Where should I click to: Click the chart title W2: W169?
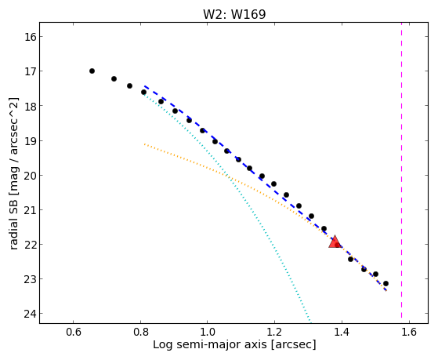point(234,14)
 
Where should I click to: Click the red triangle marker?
point(335,242)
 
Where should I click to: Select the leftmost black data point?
point(92,71)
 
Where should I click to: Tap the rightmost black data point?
point(386,284)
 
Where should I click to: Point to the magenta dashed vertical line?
point(401,170)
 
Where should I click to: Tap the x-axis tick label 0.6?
point(73,332)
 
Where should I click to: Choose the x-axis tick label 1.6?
point(409,332)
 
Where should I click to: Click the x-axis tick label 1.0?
point(208,332)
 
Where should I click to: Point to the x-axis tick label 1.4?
point(342,332)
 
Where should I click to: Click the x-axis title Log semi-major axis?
point(210,344)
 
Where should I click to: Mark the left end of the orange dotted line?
point(144,144)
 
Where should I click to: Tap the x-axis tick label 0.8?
point(140,332)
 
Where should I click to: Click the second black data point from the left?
point(114,79)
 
